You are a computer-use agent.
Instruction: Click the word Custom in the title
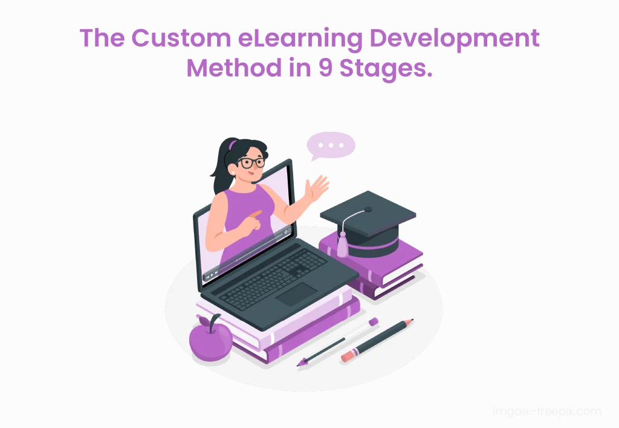pos(176,39)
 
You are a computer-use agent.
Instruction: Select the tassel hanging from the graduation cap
pos(343,245)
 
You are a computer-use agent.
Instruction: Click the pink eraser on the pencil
pos(347,357)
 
